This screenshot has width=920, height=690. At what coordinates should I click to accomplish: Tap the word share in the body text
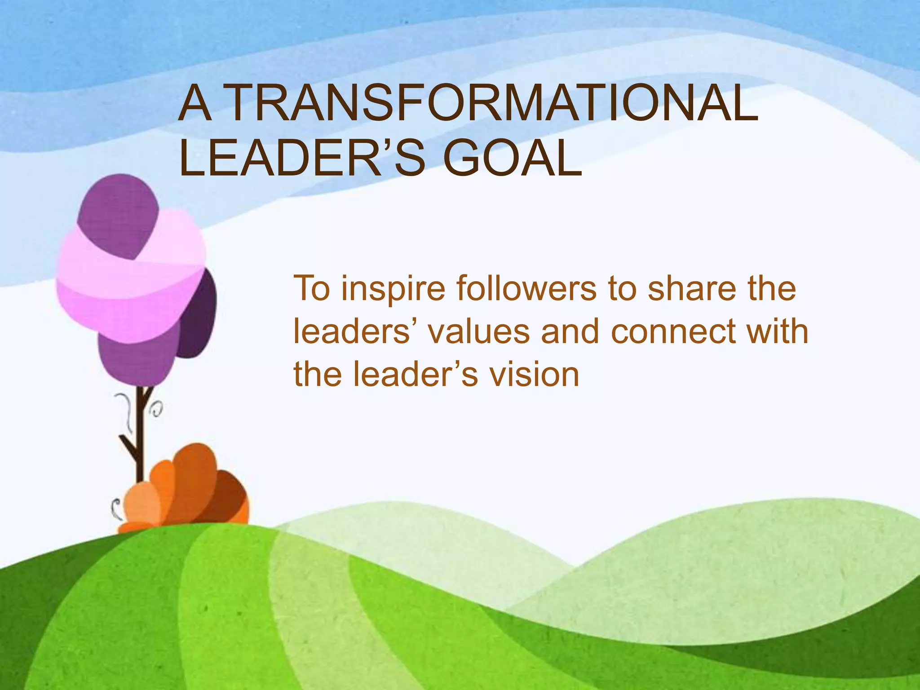(x=692, y=288)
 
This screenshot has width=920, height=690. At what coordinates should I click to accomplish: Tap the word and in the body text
(x=570, y=332)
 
